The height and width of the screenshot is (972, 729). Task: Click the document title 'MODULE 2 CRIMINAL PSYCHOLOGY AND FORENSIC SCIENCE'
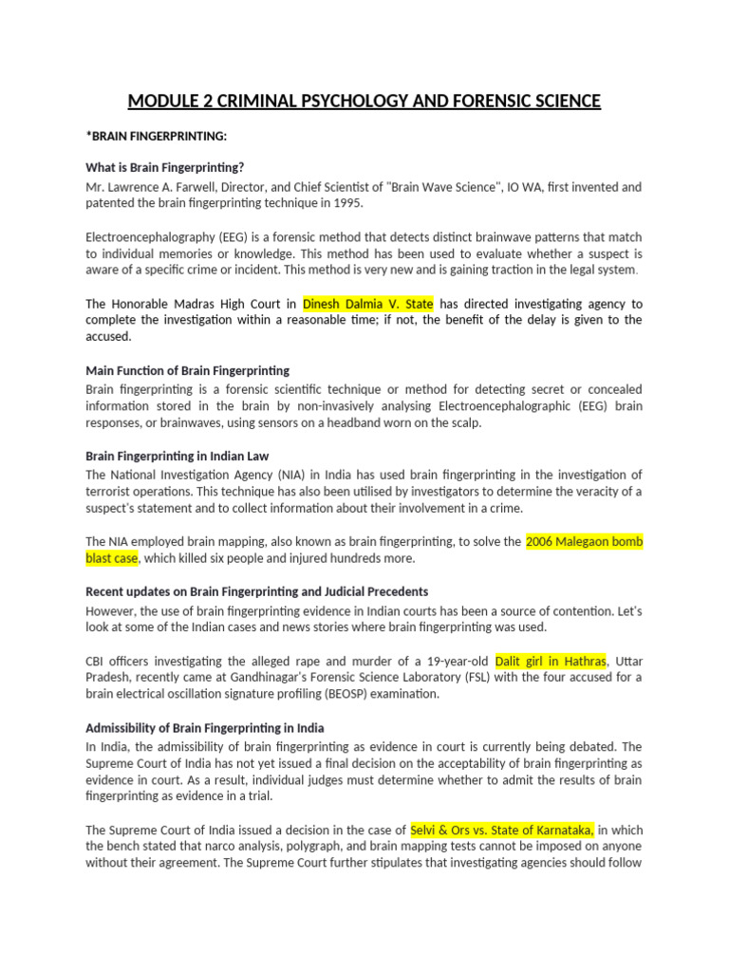click(364, 101)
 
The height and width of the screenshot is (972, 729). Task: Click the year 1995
click(346, 203)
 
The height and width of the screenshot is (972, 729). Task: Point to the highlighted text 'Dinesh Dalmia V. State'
click(368, 304)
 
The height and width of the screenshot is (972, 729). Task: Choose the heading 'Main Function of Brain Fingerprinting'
click(187, 370)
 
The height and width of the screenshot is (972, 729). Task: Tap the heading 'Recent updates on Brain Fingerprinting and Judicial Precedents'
click(256, 591)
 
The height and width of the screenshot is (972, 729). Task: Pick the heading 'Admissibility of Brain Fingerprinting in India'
click(205, 729)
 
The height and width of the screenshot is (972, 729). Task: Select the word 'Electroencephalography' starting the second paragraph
click(144, 236)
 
